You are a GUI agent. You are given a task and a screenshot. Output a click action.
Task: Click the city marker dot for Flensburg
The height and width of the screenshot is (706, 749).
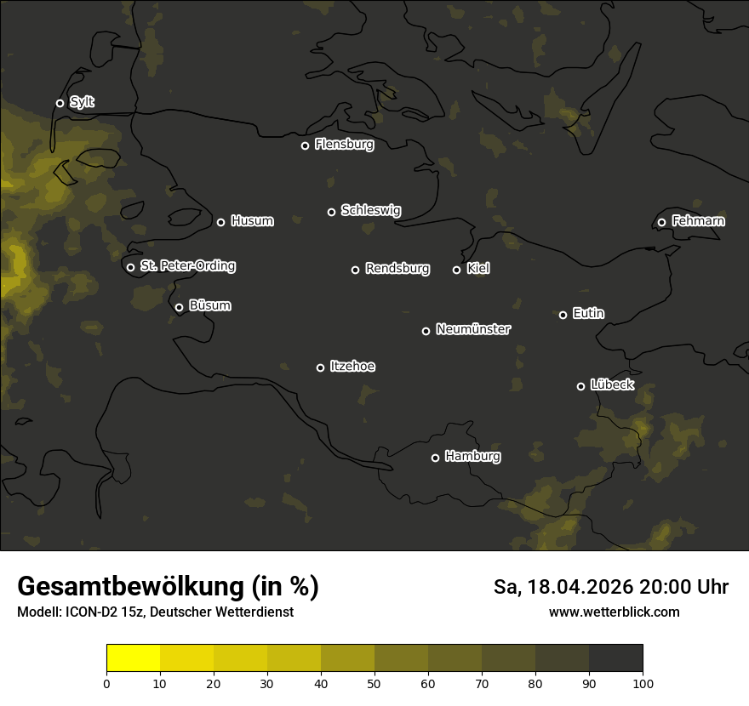[x=305, y=145]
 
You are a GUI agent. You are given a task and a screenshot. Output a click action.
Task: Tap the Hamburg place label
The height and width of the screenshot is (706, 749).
[x=472, y=457]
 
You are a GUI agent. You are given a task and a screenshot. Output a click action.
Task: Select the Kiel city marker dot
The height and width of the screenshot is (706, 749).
[x=456, y=270]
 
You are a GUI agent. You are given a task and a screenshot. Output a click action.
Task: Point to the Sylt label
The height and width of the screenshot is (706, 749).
[x=82, y=103]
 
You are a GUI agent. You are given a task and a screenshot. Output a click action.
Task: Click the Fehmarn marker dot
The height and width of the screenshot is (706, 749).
[x=661, y=222]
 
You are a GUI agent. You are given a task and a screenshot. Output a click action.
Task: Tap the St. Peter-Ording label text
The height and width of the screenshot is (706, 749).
[x=187, y=266]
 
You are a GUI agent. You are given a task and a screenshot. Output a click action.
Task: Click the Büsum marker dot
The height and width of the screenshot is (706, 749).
[x=179, y=308]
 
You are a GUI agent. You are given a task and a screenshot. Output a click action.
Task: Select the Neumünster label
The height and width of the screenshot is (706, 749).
[x=473, y=329]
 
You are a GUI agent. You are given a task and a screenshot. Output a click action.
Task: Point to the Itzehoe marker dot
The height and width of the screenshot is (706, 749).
[x=320, y=367]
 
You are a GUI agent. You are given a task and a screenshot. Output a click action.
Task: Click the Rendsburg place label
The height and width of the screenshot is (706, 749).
[x=397, y=269]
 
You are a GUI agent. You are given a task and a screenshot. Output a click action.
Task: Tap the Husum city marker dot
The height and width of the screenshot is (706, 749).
[x=220, y=222]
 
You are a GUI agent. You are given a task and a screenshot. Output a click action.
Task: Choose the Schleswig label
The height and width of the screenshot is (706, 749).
[x=370, y=210]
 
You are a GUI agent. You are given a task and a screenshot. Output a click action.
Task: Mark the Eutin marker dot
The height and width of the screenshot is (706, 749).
[x=563, y=315]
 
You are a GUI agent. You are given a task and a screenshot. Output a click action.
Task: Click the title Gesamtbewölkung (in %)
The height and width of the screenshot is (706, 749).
[x=168, y=587]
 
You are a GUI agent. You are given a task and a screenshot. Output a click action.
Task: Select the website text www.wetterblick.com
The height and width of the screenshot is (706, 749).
[x=614, y=612]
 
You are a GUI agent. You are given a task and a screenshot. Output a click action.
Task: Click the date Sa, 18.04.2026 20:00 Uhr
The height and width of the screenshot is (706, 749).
[x=610, y=587]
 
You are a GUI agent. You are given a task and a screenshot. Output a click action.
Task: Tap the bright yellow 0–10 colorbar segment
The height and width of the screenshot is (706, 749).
[x=133, y=658]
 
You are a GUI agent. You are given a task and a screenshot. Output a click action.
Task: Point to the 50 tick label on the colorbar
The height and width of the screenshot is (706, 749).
[x=374, y=683]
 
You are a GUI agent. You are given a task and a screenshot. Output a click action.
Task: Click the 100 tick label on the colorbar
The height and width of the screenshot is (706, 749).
[x=643, y=683]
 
